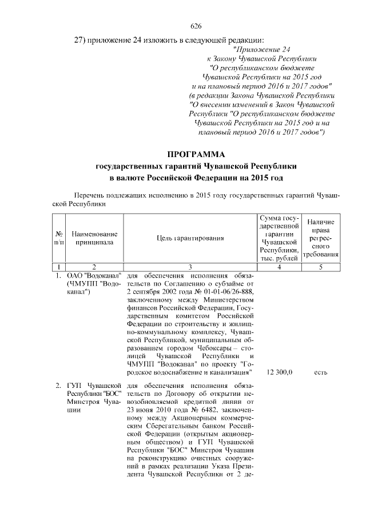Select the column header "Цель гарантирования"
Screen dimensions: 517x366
pyautogui.click(x=190, y=238)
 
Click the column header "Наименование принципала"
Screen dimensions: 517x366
pyautogui.click(x=94, y=238)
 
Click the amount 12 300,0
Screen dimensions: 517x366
pyautogui.click(x=280, y=372)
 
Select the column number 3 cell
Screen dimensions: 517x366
pyautogui.click(x=190, y=267)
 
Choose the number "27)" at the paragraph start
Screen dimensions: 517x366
pyautogui.click(x=81, y=39)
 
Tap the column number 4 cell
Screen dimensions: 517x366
pyautogui.click(x=280, y=267)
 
